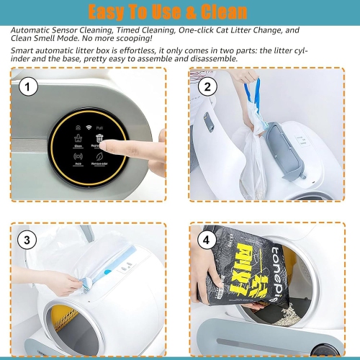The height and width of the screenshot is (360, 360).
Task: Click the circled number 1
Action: [x=27, y=88]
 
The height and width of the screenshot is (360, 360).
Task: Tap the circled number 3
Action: [x=27, y=240]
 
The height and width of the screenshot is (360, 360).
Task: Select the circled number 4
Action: [x=206, y=240]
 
